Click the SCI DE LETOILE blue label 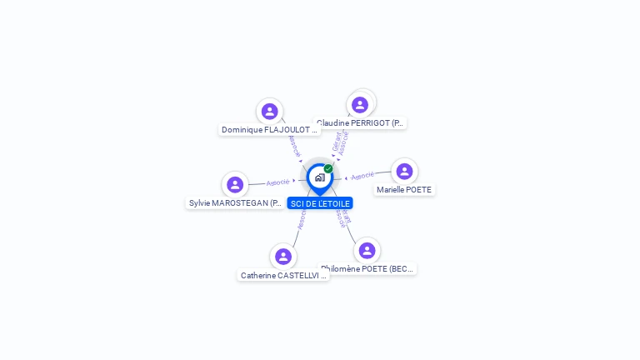tap(320, 203)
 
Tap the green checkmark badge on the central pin tap(328, 169)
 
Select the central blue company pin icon tap(319, 177)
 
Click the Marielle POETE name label tap(404, 190)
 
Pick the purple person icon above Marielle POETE tap(404, 172)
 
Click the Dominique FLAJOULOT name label tap(269, 130)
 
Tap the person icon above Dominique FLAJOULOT tap(269, 111)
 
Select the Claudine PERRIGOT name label tap(361, 123)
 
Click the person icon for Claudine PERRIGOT tap(360, 105)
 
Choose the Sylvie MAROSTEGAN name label tap(235, 203)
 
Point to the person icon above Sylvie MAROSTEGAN tap(235, 184)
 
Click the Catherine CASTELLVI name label tap(282, 276)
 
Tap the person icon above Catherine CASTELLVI tap(283, 257)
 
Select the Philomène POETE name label tap(367, 269)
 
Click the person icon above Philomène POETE tap(367, 250)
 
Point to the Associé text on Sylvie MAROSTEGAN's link tap(278, 182)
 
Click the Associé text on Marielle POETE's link tap(362, 177)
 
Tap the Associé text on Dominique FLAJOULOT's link tap(293, 145)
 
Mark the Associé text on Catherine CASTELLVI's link tap(301, 219)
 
